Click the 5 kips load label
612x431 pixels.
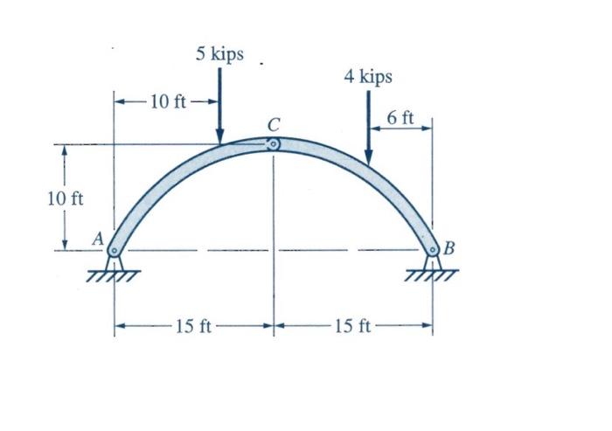point(219,54)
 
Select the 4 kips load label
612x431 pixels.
point(368,77)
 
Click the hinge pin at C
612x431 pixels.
point(273,144)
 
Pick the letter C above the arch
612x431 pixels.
point(274,125)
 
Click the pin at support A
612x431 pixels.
point(114,250)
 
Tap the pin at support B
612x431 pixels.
point(432,249)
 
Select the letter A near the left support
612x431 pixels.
point(98,239)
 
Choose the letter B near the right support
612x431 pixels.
point(449,247)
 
